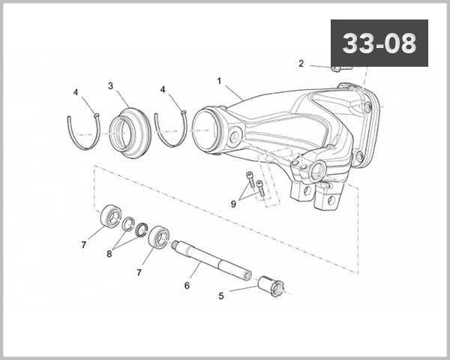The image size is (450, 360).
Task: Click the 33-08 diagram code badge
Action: (x=379, y=43)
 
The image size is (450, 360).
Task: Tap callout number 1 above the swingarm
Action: (x=219, y=80)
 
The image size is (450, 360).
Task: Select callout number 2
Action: (x=301, y=64)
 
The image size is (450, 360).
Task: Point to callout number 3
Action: (x=110, y=86)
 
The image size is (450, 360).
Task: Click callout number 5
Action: (x=220, y=295)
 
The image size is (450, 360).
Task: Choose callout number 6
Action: (x=187, y=285)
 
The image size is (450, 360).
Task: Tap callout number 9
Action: (x=234, y=202)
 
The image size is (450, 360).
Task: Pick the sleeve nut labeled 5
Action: (x=272, y=287)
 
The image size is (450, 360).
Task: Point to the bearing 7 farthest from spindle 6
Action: (x=112, y=216)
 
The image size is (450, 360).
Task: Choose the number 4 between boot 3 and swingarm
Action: (x=163, y=91)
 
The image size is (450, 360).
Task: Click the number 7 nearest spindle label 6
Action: (x=139, y=272)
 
